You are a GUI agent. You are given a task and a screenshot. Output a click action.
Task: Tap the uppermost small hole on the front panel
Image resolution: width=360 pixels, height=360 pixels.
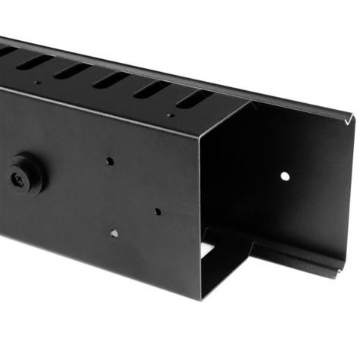(110, 161)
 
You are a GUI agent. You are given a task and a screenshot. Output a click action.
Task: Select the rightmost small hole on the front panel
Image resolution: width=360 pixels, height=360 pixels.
(158, 211)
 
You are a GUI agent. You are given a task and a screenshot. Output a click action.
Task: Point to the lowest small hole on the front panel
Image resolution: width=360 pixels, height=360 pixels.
(114, 233)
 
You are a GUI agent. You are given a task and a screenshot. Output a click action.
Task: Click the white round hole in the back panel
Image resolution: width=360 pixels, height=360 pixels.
(285, 176)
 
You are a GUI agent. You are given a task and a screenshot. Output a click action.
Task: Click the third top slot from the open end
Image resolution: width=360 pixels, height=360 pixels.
(111, 80)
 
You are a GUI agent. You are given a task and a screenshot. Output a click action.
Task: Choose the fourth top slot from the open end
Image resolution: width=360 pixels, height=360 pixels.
(71, 70)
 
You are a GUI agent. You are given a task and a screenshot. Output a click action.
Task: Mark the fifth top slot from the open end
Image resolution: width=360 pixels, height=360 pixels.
(34, 61)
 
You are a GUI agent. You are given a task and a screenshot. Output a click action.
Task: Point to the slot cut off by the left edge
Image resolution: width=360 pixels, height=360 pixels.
(6, 52)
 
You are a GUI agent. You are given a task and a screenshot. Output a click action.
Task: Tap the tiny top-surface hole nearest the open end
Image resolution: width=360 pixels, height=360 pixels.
(171, 116)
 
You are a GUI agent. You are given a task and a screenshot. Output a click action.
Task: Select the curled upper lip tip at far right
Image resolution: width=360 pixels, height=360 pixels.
(352, 117)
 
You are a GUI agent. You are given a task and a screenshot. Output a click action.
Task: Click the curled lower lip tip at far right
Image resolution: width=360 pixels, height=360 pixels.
(350, 270)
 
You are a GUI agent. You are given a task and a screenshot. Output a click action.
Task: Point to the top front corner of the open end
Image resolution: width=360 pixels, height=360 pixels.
(202, 130)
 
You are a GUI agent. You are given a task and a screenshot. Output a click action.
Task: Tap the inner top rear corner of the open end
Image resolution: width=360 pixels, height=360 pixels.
(251, 102)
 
